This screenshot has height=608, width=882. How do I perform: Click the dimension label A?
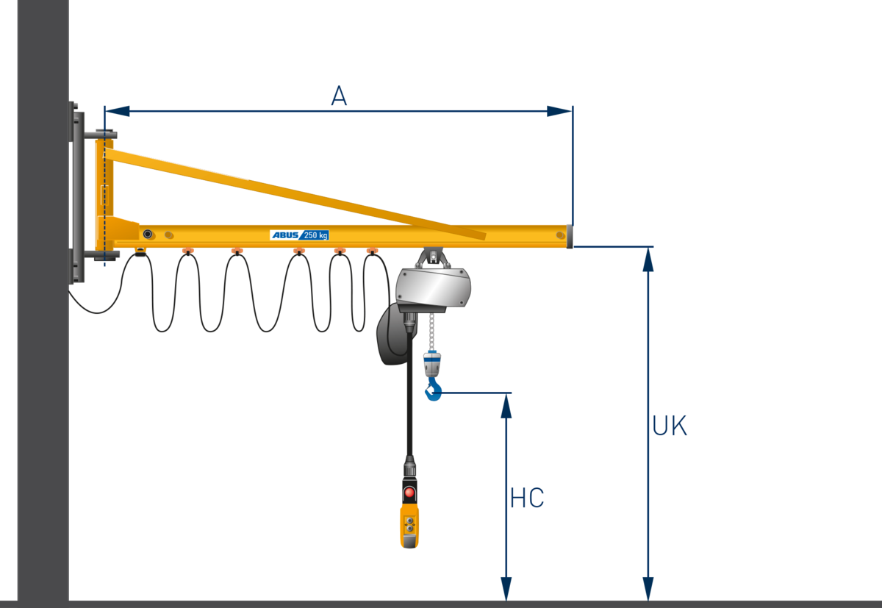[x=339, y=96]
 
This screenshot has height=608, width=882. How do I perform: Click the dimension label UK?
[x=670, y=425]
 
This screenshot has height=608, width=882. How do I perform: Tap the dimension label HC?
[x=527, y=498]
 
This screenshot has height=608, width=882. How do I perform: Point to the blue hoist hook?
[x=433, y=390]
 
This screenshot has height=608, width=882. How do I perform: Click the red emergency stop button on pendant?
[x=409, y=493]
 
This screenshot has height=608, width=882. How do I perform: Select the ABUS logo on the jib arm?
[x=285, y=235]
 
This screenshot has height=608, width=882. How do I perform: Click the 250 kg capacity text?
[x=316, y=235]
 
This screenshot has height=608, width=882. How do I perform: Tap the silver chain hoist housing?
[x=433, y=287]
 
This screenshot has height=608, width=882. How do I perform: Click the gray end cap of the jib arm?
[x=570, y=236]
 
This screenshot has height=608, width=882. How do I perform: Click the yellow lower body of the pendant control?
[x=409, y=526]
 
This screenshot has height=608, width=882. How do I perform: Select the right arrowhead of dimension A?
[x=559, y=111]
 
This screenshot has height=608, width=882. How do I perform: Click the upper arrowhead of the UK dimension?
[x=648, y=260]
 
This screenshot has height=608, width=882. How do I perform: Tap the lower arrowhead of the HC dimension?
[x=506, y=589]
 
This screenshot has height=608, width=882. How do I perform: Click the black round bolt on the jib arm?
[x=148, y=234]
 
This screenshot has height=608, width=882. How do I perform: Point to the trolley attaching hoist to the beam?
[x=433, y=257]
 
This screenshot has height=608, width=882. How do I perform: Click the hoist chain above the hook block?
[x=432, y=332]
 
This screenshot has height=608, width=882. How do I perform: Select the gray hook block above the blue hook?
[x=432, y=364]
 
